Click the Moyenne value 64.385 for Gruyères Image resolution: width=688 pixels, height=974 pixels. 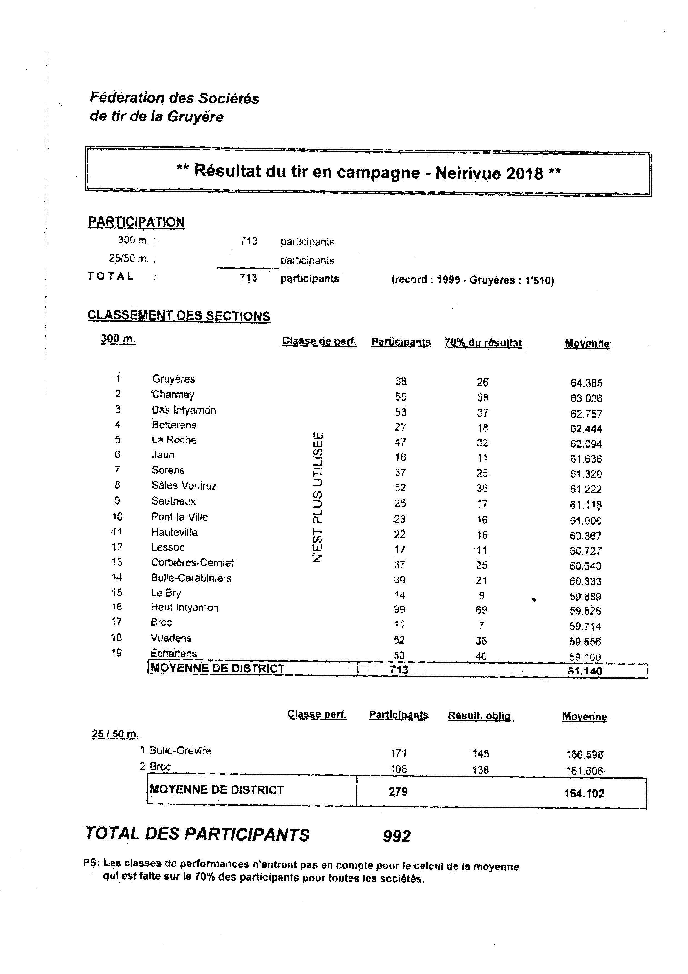pos(586,383)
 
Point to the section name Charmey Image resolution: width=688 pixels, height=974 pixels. pos(173,394)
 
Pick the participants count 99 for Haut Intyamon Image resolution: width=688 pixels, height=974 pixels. pos(399,610)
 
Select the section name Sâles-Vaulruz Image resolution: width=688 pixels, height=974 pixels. pos(184,485)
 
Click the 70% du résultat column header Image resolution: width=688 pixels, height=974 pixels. pos(483,343)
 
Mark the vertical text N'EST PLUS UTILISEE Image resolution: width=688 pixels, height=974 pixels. pos(318,497)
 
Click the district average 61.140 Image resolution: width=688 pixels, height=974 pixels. pos(585,671)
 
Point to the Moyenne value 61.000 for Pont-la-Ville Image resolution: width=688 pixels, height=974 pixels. pos(586,521)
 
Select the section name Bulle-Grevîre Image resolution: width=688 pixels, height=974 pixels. pos(180,751)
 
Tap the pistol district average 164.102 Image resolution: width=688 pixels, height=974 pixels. pos(584,793)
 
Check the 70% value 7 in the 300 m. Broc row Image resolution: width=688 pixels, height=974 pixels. pos(481,625)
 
